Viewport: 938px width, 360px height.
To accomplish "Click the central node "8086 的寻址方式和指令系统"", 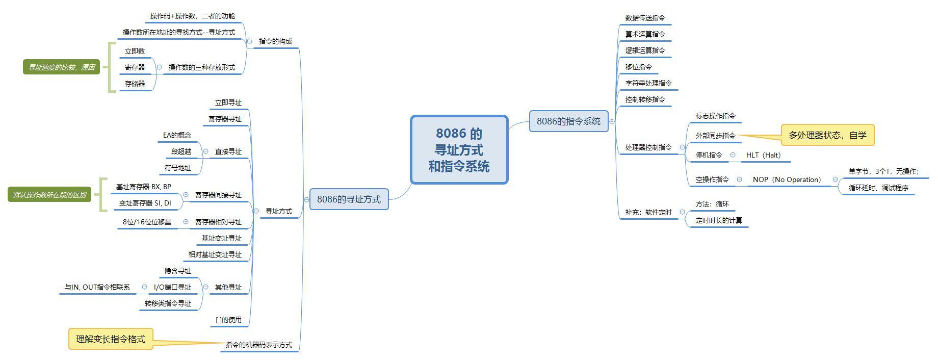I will pos(459,149).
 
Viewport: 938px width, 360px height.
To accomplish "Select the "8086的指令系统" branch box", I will pos(568,121).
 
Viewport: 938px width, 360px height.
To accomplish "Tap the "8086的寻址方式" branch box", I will pos(349,199).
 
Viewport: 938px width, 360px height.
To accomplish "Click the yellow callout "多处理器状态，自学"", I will pos(827,135).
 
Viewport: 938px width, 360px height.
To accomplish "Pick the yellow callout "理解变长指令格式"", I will pos(111,339).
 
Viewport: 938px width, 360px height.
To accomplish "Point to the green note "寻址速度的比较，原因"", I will pos(61,67).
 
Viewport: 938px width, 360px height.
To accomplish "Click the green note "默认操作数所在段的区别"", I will pos(49,195).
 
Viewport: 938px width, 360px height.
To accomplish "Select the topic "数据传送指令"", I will pos(645,18).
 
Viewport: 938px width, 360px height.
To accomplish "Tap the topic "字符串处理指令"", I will pos(648,83).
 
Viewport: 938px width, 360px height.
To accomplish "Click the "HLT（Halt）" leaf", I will pos(763,155).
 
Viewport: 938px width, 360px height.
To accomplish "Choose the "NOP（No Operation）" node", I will pos(787,179).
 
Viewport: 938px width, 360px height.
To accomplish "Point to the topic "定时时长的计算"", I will pos(719,220).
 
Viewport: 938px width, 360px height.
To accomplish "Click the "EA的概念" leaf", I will pos(177,135).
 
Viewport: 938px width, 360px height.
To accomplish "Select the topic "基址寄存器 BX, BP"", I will pos(143,187).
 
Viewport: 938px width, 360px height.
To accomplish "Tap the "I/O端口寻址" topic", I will pos(172,287).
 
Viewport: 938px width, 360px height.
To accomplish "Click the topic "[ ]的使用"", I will pos(228,320).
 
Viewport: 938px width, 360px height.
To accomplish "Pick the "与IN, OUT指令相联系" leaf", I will pos(97,287).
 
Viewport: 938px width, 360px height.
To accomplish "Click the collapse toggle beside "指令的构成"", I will pos(249,41).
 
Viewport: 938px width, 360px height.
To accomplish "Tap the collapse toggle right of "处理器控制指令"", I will pos(682,147).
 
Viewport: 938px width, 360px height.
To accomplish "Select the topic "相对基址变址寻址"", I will pos(215,254).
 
